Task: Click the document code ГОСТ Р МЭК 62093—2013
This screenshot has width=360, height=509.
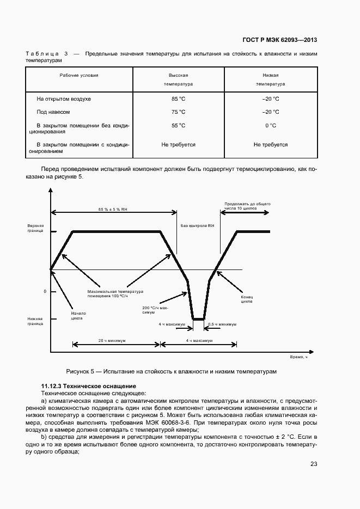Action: pos(279,40)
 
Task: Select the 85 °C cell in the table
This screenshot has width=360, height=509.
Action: pos(178,99)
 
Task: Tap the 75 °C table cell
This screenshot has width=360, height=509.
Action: pos(178,112)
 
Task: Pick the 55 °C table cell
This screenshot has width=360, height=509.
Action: pos(178,125)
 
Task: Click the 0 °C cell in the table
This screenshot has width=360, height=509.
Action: pos(271,125)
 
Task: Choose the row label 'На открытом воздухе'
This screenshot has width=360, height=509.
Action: pos(64,99)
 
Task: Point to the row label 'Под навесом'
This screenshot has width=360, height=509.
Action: pos(53,112)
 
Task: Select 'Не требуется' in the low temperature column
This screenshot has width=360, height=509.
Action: pos(271,145)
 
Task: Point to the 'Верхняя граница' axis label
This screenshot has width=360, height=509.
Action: pos(35,228)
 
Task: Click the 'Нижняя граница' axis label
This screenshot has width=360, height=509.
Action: pos(35,321)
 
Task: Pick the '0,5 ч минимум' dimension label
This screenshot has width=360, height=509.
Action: pos(222,324)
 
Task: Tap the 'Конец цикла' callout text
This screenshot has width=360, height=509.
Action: pos(246,301)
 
